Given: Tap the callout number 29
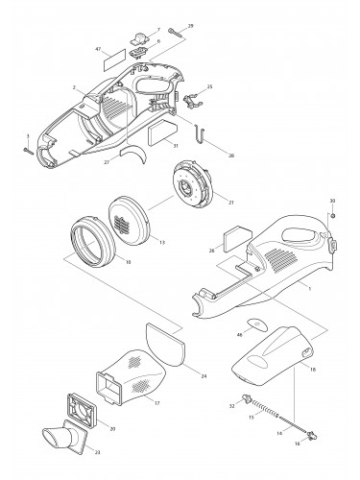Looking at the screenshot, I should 190,25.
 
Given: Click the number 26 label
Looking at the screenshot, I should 212,252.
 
